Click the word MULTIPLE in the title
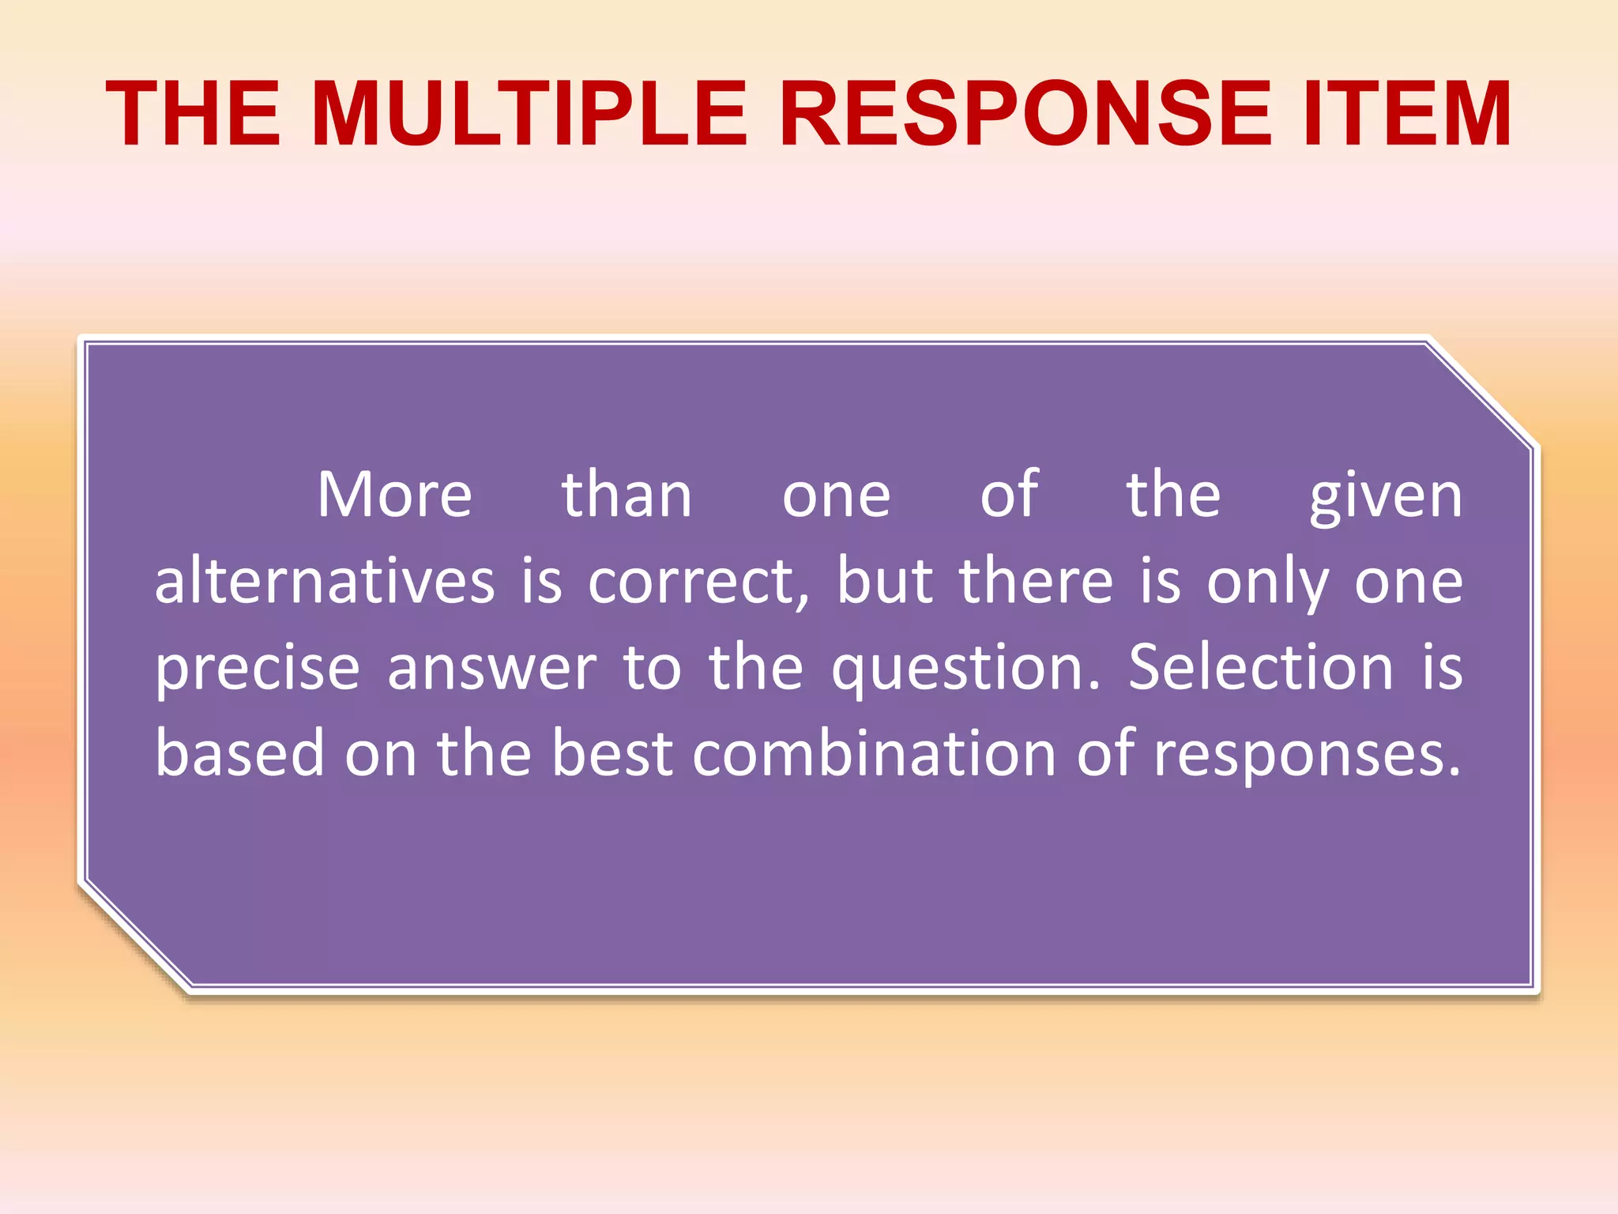(x=529, y=115)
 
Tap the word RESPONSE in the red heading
(x=1025, y=115)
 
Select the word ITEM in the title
(x=1407, y=115)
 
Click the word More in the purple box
(x=394, y=496)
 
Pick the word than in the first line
(x=627, y=496)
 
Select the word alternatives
(x=325, y=582)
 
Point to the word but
(x=884, y=582)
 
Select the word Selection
(x=1260, y=668)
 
